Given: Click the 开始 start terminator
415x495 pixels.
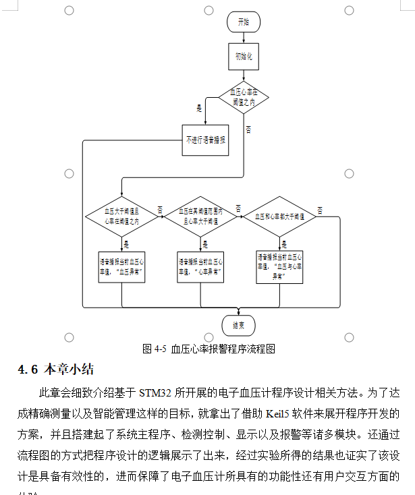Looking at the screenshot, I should (x=243, y=22).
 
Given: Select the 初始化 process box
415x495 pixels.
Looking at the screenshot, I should (x=243, y=57).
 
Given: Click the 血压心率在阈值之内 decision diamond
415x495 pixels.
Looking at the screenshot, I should (x=243, y=98).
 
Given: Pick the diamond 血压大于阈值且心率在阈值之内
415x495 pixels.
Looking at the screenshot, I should (x=122, y=216).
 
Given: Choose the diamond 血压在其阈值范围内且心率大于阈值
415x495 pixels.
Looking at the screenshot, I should (x=201, y=216).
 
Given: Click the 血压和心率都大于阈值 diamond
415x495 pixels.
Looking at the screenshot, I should (x=280, y=216).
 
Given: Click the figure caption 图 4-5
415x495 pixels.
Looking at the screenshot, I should (x=209, y=349).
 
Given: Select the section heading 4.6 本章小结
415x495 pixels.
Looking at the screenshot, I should (x=55, y=369).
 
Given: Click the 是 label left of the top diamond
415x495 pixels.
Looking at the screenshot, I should (x=199, y=108).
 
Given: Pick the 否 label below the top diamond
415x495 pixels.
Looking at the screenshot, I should (x=248, y=129).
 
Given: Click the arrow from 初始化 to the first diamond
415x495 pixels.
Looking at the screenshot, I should (x=243, y=75).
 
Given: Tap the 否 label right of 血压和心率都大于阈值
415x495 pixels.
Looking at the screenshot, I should (x=319, y=210).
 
